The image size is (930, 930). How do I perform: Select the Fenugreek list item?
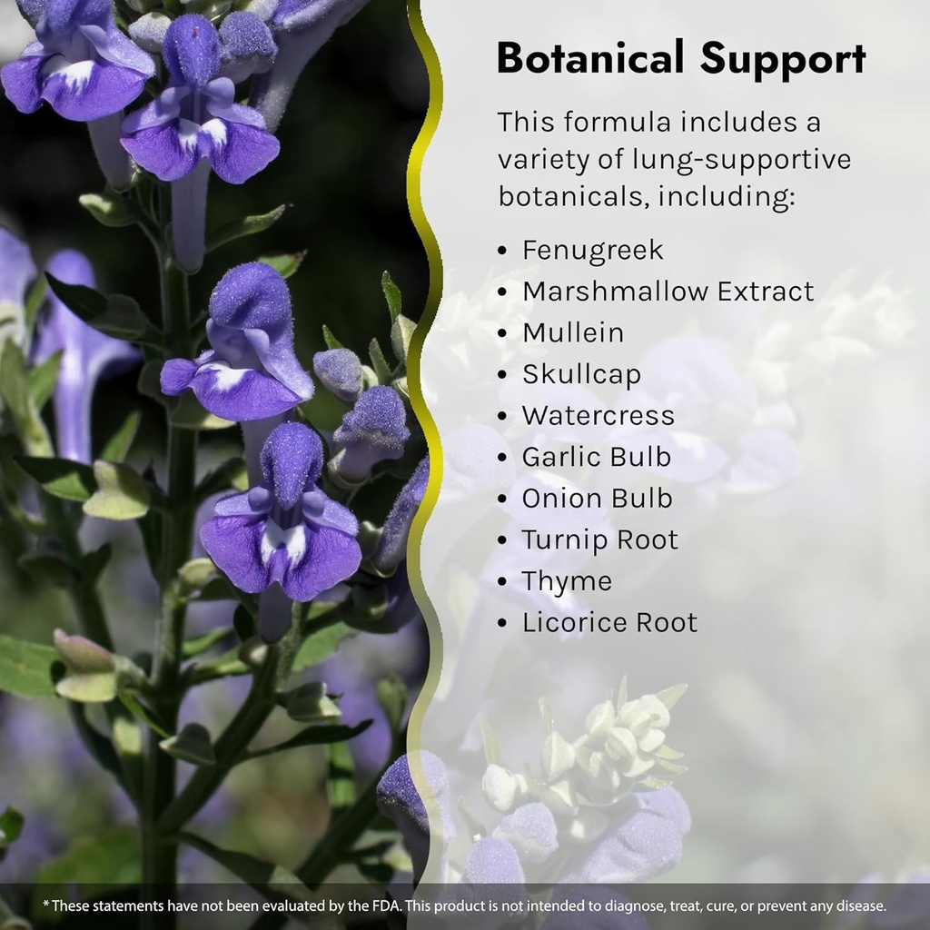pos(592,250)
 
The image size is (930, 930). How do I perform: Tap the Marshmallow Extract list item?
pos(668,292)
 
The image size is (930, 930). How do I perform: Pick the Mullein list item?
pos(572,332)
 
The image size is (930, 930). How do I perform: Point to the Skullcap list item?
pos(581,374)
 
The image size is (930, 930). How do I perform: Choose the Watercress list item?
pos(598,415)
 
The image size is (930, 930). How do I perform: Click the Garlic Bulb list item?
pos(596,457)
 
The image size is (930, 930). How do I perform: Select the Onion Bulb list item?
pos(597,498)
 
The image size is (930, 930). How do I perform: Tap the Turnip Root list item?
pos(599,539)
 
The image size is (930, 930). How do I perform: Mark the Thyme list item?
pos(567,581)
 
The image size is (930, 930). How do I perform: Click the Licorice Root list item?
pos(609,622)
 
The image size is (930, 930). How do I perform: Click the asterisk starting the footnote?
pos(46,905)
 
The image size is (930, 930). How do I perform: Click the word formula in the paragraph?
pos(608,122)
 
